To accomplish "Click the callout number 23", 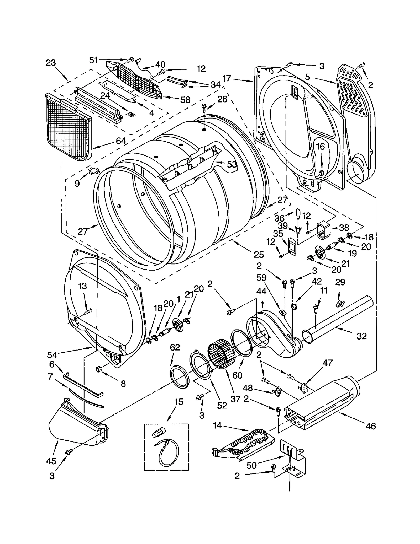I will [51, 63].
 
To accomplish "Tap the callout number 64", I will [121, 141].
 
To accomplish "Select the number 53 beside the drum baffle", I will [232, 164].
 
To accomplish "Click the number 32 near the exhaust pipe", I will [362, 336].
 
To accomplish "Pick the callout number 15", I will [179, 402].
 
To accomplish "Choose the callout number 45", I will [51, 461].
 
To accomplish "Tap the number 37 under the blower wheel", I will [235, 399].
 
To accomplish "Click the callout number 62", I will [175, 347].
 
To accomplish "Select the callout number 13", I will [83, 286].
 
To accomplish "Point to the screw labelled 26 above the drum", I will [204, 106].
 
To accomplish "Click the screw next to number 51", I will [130, 60].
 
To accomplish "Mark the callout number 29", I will [340, 282].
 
